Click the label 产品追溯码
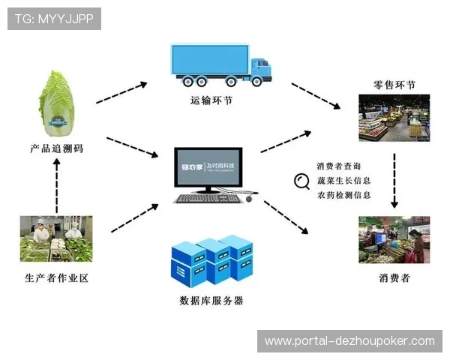pos(58,148)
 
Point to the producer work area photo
pos(56,238)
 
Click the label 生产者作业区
pos(57,278)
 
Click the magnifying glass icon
pos(302,181)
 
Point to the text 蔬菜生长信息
pos(343,180)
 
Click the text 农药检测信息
pos(343,195)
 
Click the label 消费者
pos(394,278)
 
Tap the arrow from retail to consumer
pos(394,180)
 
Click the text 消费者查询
pos(338,166)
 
